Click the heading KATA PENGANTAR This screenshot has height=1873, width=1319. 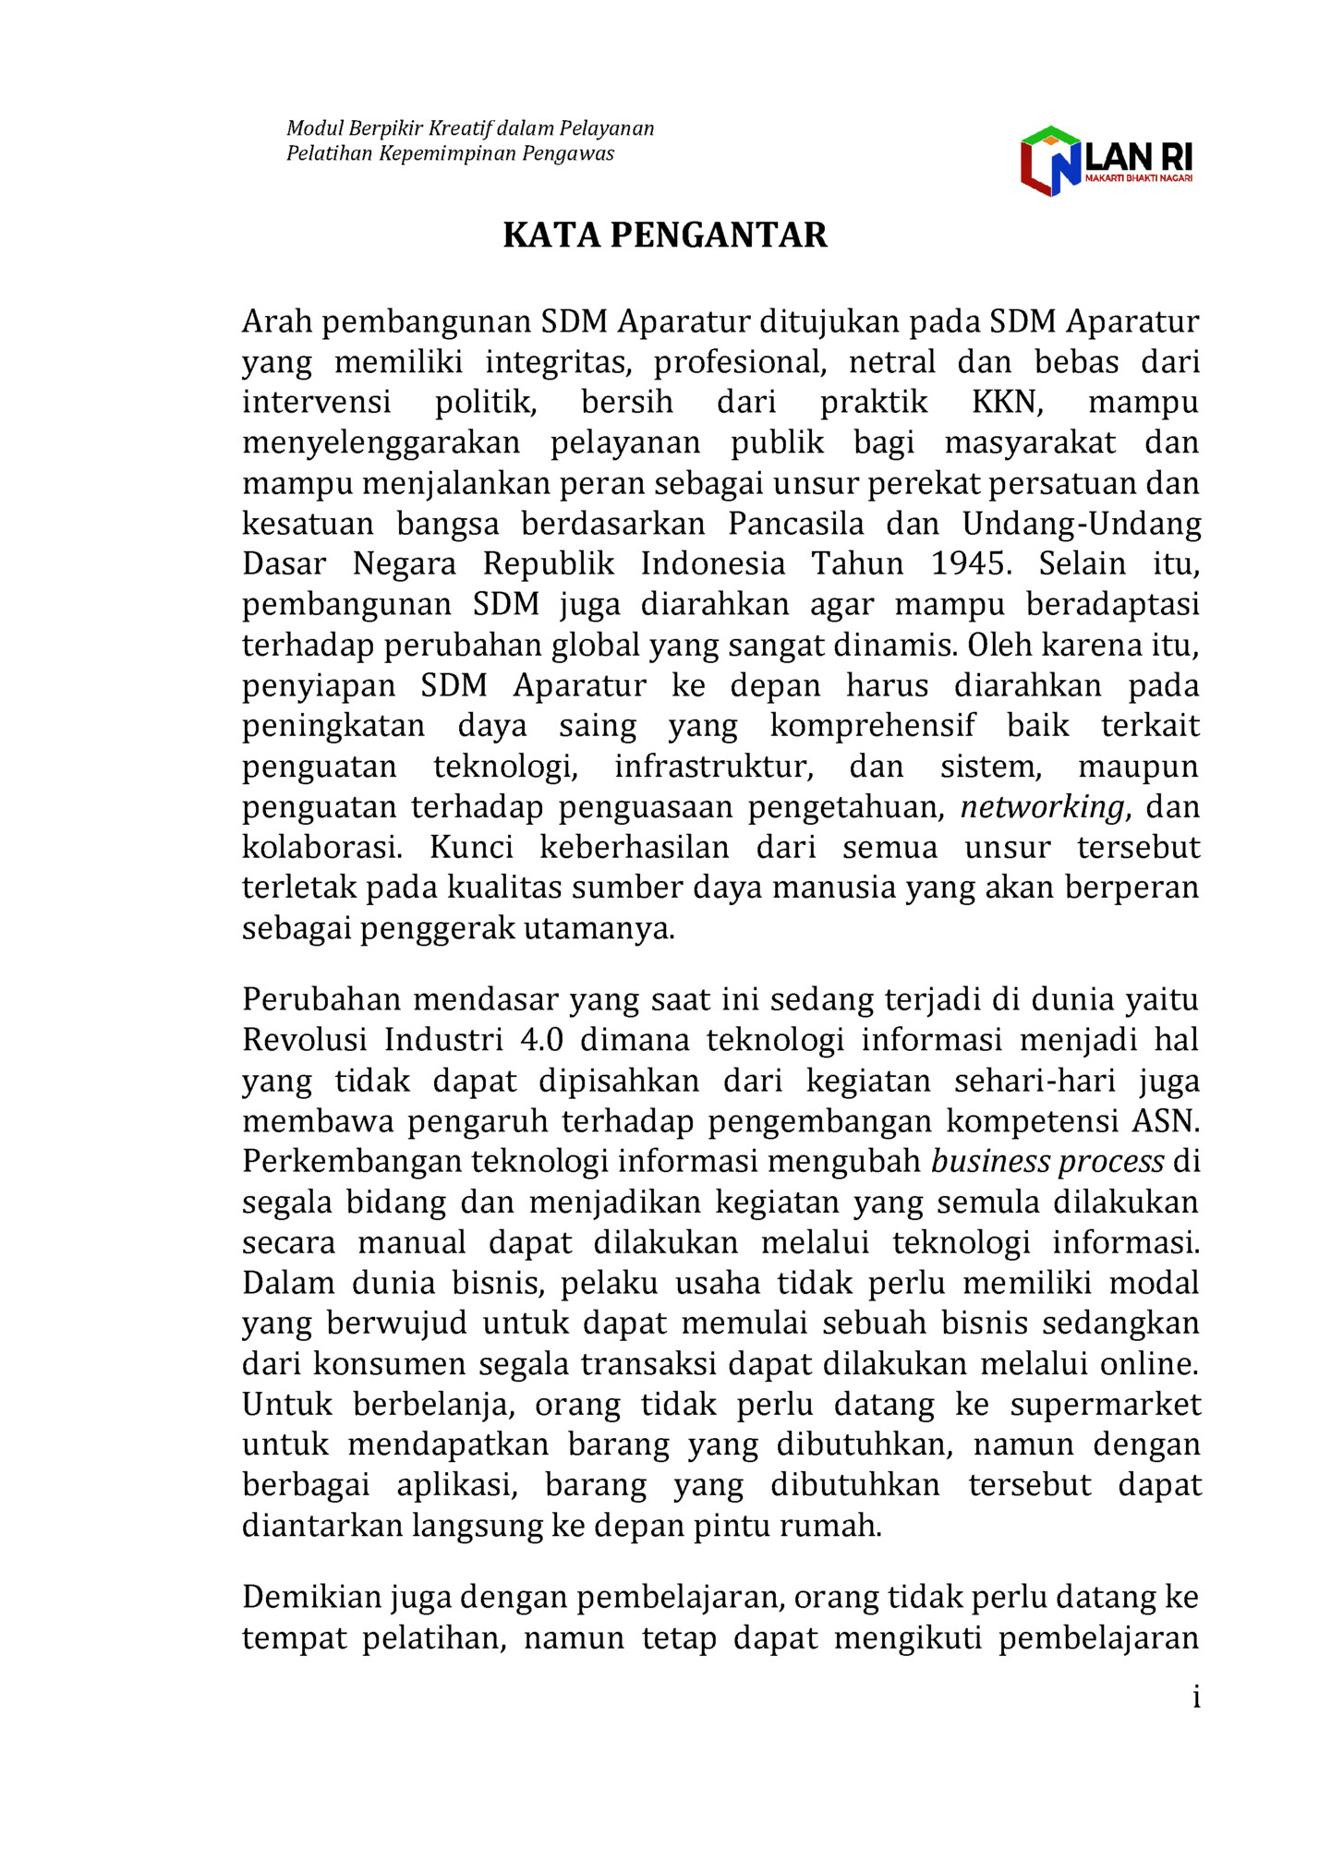664,236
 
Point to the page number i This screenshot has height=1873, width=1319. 1196,1697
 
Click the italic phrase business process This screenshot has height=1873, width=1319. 1047,1161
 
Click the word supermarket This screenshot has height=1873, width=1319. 1105,1405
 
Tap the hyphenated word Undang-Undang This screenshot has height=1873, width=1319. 1082,524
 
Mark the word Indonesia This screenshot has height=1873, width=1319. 713,563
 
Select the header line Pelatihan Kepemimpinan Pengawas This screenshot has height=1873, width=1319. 450,153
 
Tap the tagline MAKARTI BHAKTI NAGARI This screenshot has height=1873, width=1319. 1138,177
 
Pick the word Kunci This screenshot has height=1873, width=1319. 471,847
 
